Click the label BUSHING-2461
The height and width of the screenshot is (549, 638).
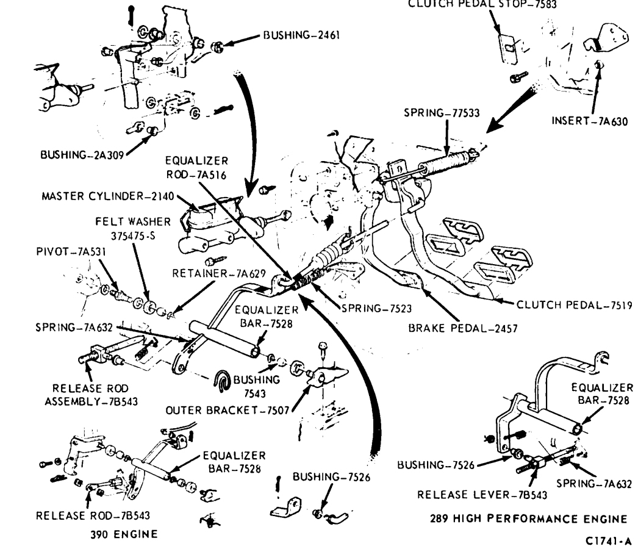(301, 35)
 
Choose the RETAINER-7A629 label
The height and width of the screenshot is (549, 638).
(218, 273)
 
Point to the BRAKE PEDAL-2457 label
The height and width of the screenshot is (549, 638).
(463, 328)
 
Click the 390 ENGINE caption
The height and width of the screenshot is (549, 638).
(123, 534)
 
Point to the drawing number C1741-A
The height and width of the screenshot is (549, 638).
(608, 540)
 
